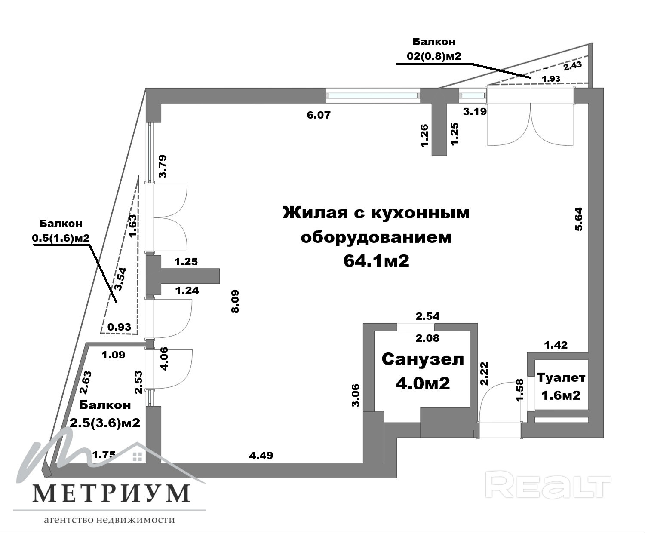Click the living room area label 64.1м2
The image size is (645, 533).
376,261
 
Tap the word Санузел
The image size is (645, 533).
423,359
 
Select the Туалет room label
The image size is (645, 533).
561,378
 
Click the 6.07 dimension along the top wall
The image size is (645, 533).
319,115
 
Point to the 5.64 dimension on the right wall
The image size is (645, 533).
579,219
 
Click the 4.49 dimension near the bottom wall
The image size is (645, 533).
261,455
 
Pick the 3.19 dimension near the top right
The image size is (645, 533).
475,112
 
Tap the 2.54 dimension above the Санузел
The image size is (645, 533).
427,316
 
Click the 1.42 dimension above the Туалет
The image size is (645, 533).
556,344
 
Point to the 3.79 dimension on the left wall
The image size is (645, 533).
163,166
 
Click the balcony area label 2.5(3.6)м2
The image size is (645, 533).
105,423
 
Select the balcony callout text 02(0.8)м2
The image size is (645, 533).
434,56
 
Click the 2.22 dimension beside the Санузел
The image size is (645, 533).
484,373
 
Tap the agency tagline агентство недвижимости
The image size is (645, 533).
110,520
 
